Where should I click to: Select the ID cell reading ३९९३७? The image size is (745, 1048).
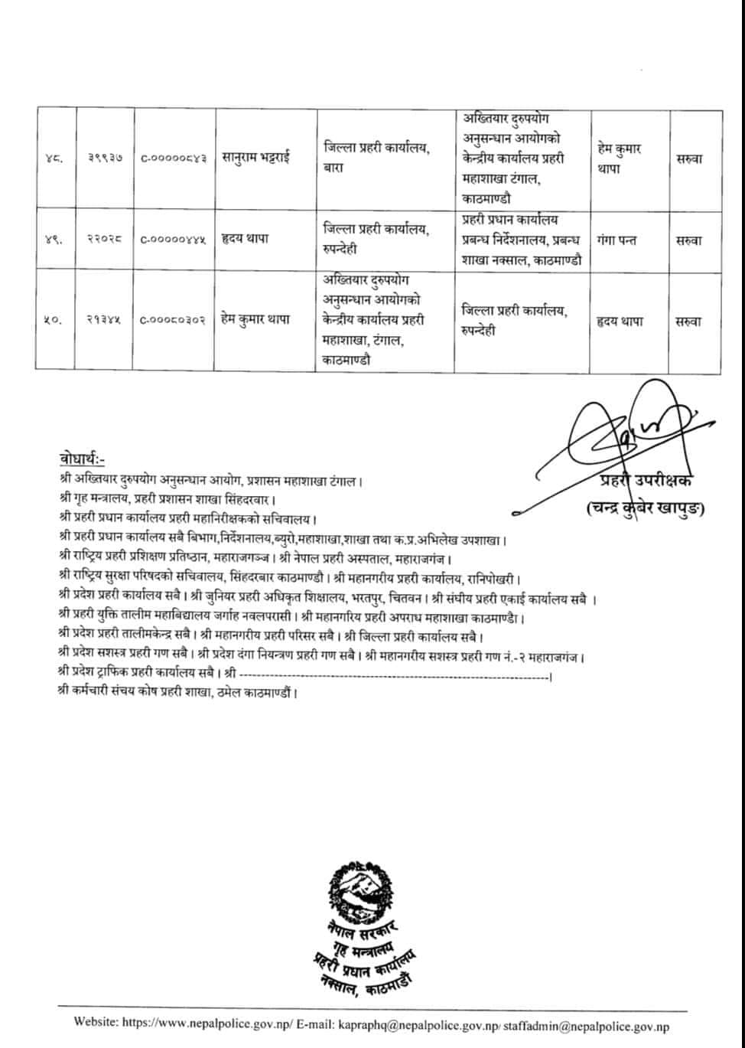[104, 159]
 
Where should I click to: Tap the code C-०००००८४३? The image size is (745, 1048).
[174, 159]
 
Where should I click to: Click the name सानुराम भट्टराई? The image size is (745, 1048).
[256, 159]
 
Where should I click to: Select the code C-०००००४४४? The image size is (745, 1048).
[174, 240]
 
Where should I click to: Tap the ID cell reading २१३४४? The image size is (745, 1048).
[104, 322]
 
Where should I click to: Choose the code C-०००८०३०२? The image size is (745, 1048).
[174, 322]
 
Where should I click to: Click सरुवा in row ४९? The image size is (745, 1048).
[689, 240]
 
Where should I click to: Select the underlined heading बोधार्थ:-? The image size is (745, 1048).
[82, 459]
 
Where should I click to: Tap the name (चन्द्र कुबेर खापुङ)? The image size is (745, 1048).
[646, 508]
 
